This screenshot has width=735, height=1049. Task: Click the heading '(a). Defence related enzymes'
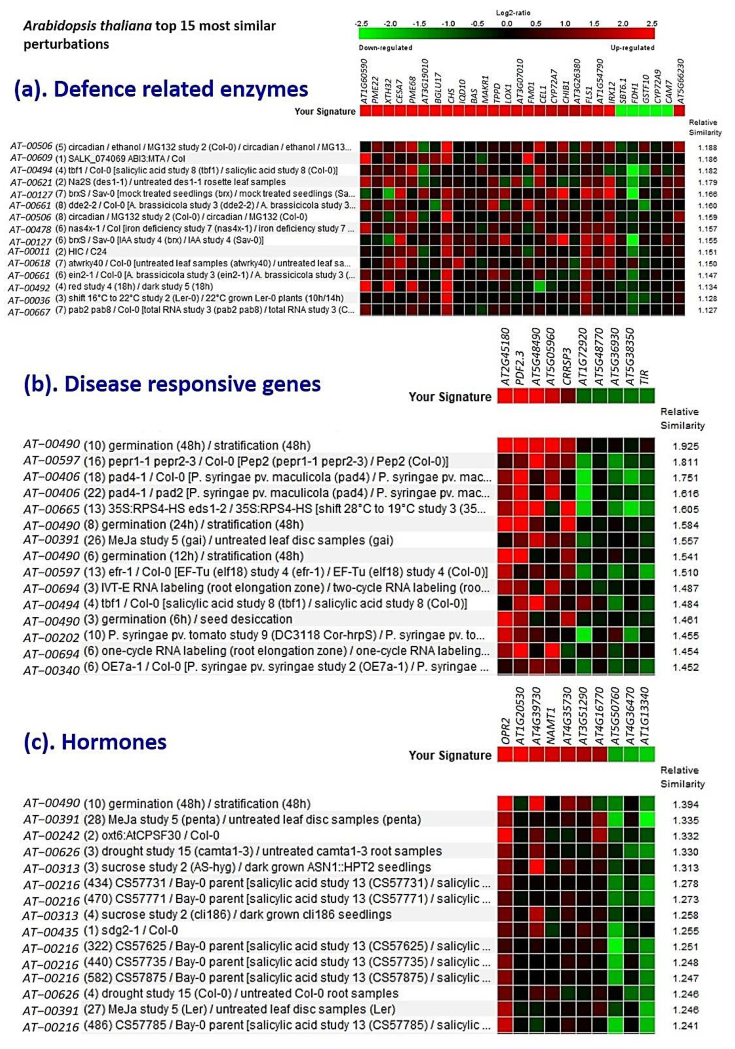pyautogui.click(x=161, y=89)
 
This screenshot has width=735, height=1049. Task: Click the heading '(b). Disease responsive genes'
pyautogui.click(x=172, y=384)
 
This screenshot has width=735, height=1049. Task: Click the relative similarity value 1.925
pyautogui.click(x=685, y=446)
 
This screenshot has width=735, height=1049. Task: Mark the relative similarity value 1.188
pyautogui.click(x=707, y=147)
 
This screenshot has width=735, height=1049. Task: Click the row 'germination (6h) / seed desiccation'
pyautogui.click(x=200, y=620)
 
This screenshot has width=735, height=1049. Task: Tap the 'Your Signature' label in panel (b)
pyautogui.click(x=450, y=397)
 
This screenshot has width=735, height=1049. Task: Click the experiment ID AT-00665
pyautogui.click(x=51, y=509)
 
